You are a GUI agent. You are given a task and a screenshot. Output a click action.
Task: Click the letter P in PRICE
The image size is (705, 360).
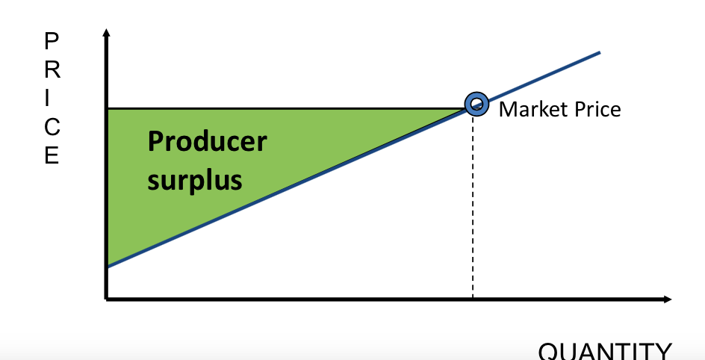tap(50, 41)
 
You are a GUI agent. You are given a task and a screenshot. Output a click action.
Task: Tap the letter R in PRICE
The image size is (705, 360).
tap(50, 69)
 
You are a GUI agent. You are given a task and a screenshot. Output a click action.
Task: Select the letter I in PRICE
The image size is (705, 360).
tap(50, 98)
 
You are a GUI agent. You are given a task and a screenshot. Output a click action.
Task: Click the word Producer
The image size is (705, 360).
tap(207, 142)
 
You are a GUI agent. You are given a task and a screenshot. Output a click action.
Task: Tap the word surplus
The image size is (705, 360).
tap(194, 180)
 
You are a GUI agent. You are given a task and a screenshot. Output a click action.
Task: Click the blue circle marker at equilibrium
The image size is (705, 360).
tap(476, 104)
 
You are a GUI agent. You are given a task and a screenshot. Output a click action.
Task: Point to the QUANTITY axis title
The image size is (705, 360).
tap(605, 351)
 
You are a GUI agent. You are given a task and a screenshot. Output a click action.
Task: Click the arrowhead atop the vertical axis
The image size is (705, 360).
tap(106, 33)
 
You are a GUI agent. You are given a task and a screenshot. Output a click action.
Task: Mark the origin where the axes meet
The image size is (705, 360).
tap(107, 299)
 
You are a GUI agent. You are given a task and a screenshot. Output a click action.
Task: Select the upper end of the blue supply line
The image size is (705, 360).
tap(599, 52)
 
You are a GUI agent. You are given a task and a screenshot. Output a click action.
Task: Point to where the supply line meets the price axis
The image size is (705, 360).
tap(107, 266)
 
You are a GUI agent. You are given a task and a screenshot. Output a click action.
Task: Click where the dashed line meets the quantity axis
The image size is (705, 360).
tap(473, 299)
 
